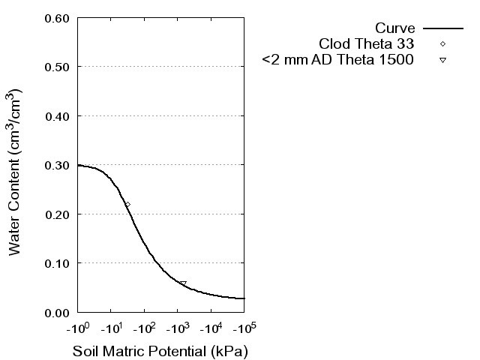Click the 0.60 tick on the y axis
58,18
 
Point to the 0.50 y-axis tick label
58,67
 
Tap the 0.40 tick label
58,116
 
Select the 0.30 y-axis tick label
58,165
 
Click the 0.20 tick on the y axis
58,214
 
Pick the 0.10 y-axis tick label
58,263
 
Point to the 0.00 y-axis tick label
58,312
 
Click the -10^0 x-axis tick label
77,328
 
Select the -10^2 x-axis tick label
144,328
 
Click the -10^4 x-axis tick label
211,328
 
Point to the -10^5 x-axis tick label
244,328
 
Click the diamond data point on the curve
127,204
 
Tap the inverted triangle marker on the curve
183,283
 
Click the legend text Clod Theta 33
367,43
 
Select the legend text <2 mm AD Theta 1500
338,60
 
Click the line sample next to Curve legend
443,28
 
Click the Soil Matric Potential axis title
160,351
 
